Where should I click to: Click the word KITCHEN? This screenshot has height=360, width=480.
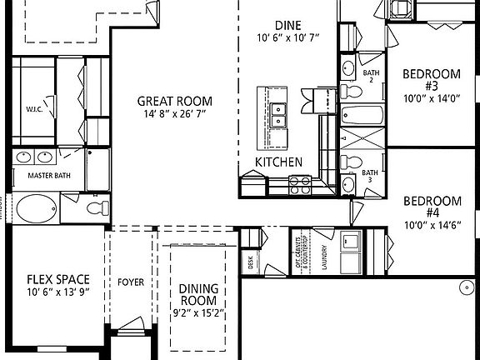coord(278,162)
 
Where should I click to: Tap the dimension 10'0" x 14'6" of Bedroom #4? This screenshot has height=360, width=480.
coord(432,224)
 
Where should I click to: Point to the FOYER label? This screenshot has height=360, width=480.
coord(131,282)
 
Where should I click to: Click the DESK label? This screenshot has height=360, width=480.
coord(251,263)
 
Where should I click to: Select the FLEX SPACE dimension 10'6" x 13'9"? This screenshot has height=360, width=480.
coord(57,292)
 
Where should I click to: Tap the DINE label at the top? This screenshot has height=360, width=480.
coord(287,26)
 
